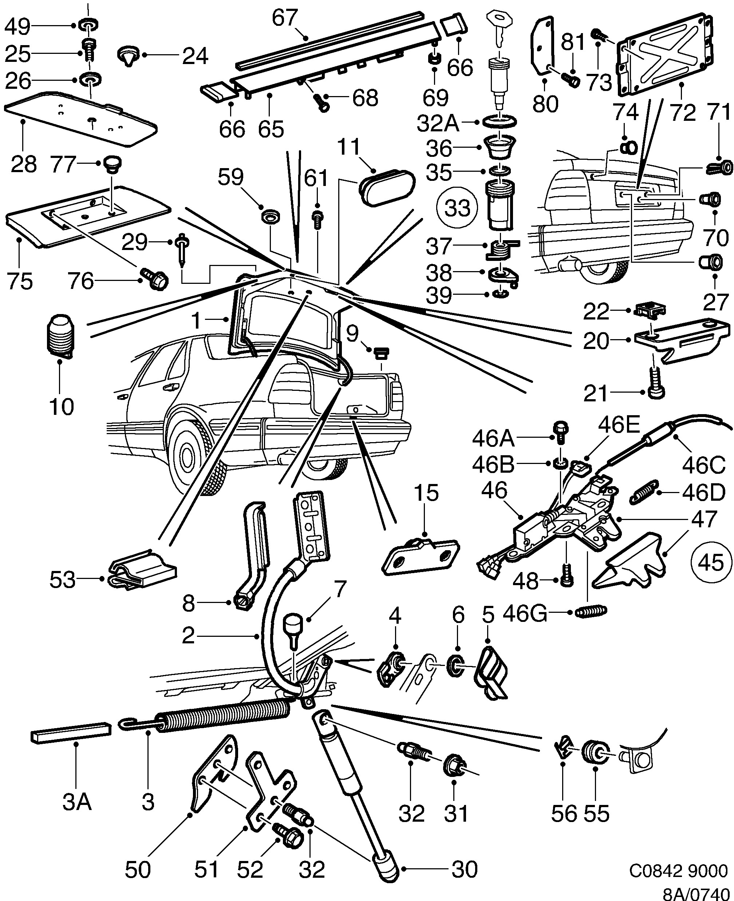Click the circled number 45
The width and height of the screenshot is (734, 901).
(x=710, y=563)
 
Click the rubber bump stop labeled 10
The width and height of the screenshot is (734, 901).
(x=60, y=336)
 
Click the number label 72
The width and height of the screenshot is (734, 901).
(x=683, y=112)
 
